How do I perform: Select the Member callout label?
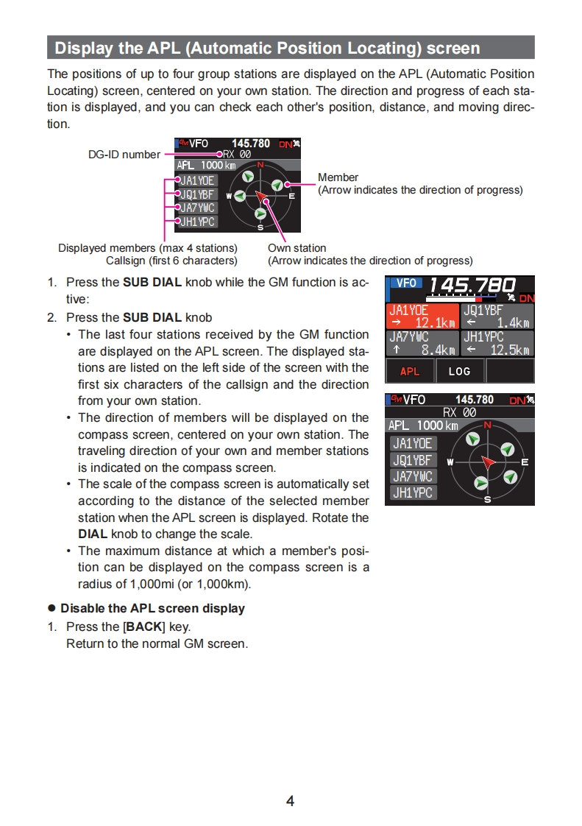[338, 177]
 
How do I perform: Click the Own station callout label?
[297, 248]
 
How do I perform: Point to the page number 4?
[290, 801]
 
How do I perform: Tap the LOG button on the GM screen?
[459, 371]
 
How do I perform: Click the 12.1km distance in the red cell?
[435, 322]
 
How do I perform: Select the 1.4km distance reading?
[513, 322]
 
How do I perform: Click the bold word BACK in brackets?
[144, 627]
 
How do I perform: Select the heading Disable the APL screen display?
[152, 609]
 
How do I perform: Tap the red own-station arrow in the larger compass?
[488, 462]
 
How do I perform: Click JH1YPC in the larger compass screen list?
[413, 493]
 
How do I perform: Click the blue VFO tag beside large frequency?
[405, 283]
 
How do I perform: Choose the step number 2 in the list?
[52, 318]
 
